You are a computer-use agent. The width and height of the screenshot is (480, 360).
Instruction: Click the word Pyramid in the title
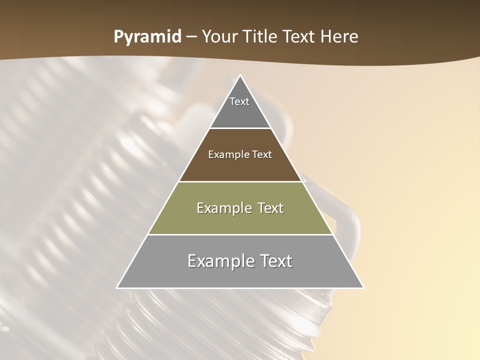[147, 37]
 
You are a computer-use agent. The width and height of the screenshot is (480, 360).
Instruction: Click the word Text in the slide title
[299, 36]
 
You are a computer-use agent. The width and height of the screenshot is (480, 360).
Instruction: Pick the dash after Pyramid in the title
[191, 37]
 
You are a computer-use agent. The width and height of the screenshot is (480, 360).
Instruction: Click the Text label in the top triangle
[239, 101]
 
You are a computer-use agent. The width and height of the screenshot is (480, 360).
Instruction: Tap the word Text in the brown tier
[262, 154]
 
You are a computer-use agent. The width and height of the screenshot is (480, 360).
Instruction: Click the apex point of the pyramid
[240, 76]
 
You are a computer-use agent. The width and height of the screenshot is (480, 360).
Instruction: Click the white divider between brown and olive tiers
[240, 181]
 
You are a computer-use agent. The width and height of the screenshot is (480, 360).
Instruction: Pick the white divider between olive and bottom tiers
[240, 234]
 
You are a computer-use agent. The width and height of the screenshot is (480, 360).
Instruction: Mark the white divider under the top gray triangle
[240, 128]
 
